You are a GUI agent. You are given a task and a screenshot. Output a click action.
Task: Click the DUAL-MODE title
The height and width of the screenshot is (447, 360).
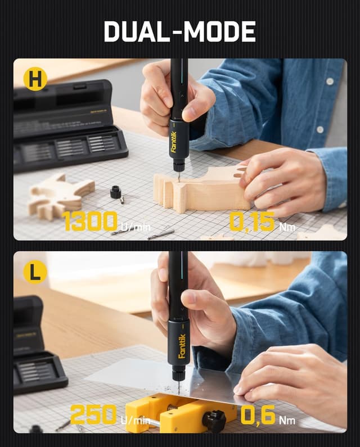(x=179, y=32)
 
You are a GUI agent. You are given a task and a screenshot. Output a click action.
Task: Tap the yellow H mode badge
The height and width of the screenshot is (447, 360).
(x=35, y=80)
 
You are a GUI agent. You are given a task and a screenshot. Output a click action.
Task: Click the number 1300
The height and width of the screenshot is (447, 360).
(x=90, y=222)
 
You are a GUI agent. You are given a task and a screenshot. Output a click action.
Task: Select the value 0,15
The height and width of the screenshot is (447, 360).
(x=252, y=222)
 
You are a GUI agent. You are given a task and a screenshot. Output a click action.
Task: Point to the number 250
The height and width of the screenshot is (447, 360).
(x=93, y=415)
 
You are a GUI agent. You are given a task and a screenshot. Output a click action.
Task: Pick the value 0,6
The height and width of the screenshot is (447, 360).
(x=258, y=415)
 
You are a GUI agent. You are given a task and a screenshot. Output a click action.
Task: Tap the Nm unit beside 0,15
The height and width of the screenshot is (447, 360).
(x=287, y=227)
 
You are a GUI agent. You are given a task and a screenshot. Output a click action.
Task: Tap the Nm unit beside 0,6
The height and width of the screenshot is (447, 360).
(x=287, y=419)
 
